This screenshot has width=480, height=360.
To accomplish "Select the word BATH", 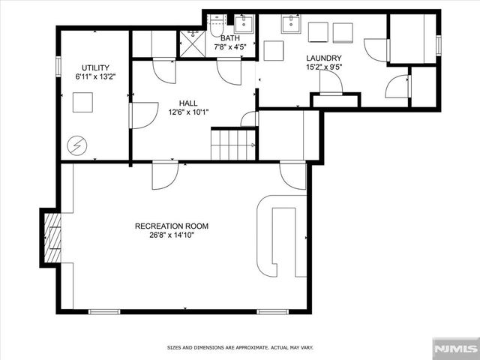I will click(230, 37).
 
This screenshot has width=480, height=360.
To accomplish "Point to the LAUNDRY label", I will click(323, 58).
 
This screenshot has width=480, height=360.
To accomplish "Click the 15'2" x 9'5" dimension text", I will click(323, 67).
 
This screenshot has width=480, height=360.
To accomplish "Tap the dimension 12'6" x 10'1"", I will click(188, 112).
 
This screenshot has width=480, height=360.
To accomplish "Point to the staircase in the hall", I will click(233, 144).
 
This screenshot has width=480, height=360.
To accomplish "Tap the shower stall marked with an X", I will click(193, 43).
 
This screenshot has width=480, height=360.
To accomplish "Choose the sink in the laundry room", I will click(292, 25).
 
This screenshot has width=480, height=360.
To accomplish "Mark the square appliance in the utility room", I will click(82, 102).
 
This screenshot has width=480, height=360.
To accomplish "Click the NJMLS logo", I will click(455, 348).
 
